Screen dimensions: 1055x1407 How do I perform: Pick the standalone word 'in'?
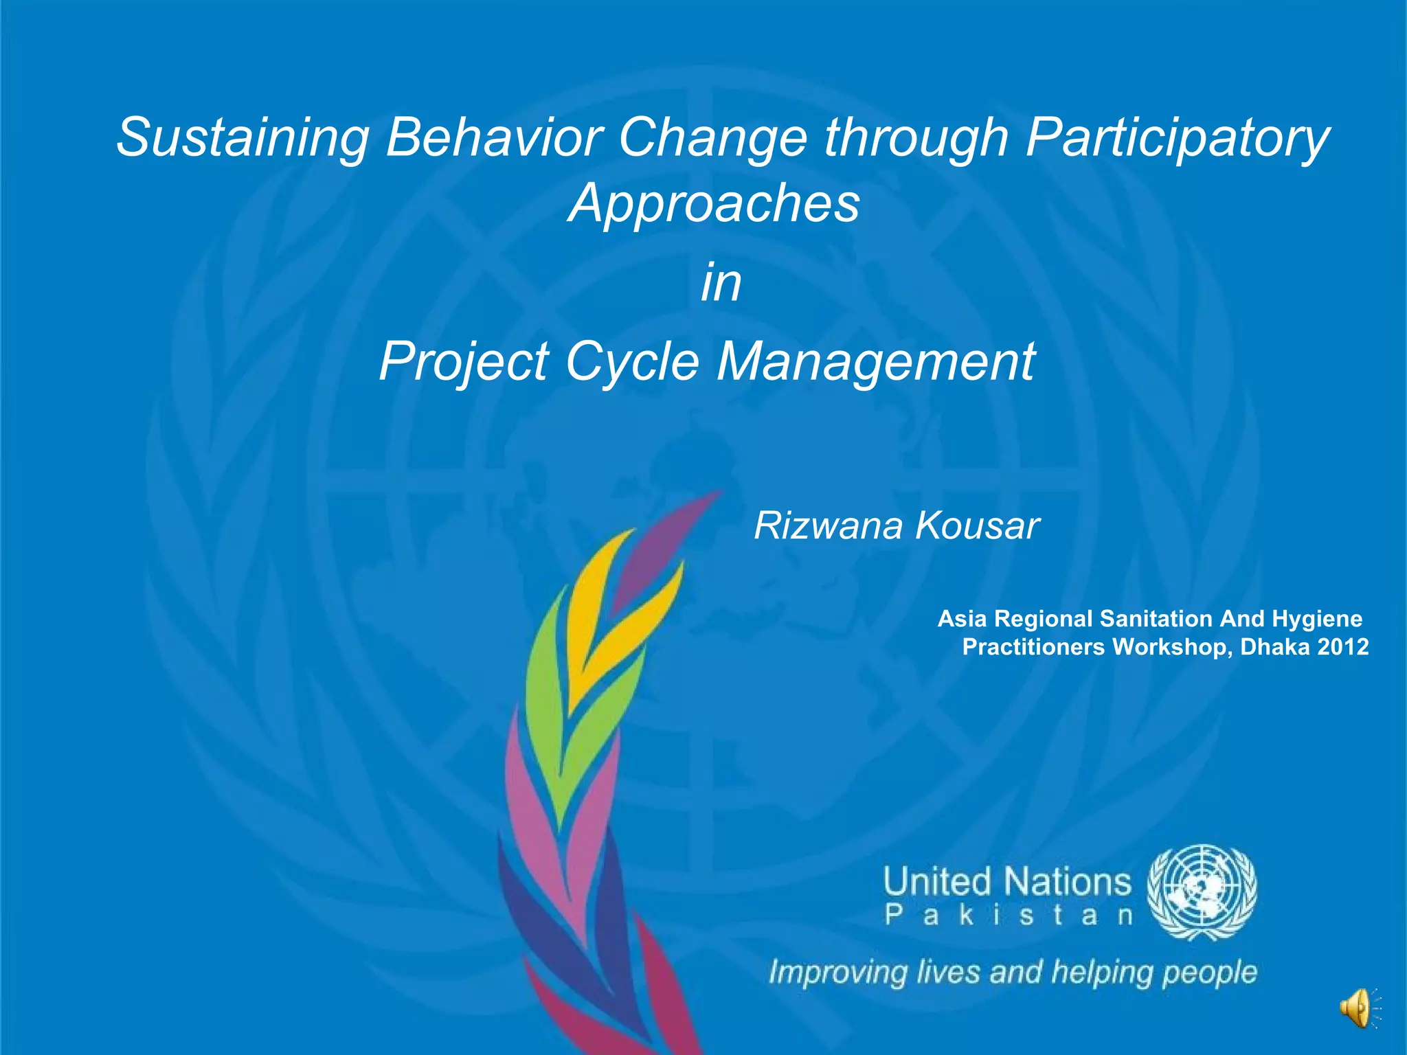click(721, 283)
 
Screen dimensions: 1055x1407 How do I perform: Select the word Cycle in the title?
click(631, 363)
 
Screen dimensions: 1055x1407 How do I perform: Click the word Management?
click(876, 361)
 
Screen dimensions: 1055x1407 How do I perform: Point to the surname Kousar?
click(977, 526)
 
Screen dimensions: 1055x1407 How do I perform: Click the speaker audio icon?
click(1357, 1008)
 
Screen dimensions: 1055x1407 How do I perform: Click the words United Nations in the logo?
click(1006, 882)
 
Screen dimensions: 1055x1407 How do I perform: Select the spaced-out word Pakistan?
click(1008, 916)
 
